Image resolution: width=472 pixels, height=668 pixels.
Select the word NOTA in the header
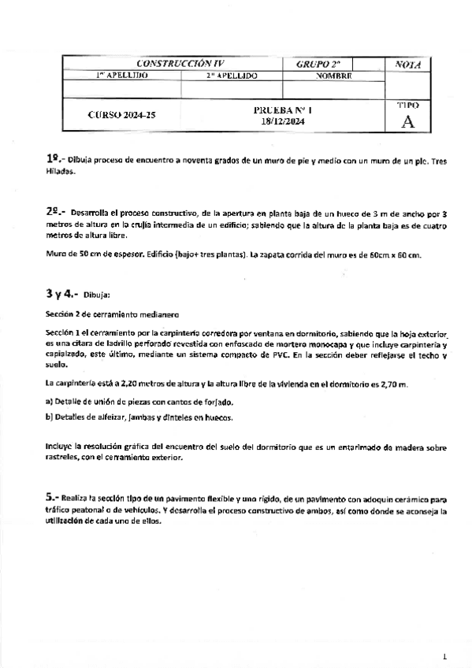(407, 64)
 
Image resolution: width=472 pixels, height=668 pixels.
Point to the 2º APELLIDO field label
(232, 76)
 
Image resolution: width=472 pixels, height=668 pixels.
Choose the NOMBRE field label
(333, 76)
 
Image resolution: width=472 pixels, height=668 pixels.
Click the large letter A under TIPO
(407, 121)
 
